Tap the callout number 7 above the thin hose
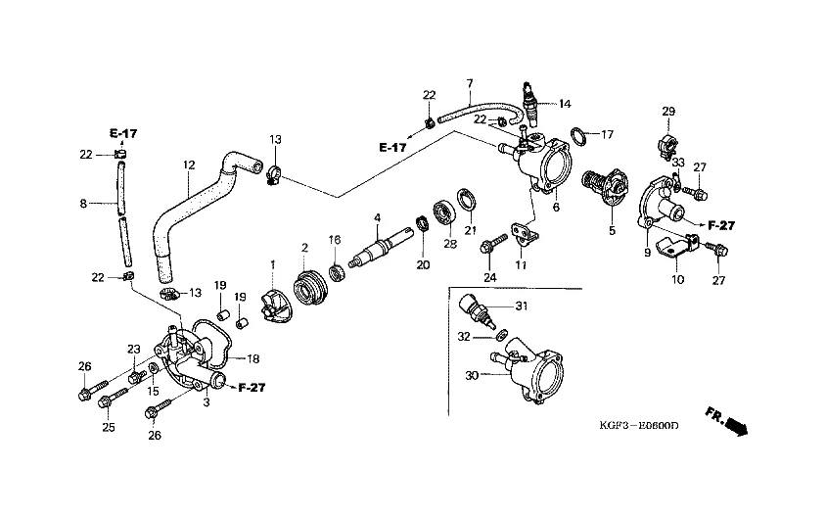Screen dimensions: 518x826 (x=469, y=83)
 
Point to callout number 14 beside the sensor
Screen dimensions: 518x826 (x=564, y=103)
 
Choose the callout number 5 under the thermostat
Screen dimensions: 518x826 (x=613, y=232)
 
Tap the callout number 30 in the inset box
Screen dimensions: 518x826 (x=473, y=375)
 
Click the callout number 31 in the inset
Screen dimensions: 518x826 (x=522, y=306)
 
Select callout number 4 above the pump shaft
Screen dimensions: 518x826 (x=376, y=216)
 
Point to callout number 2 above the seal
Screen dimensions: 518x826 (x=304, y=247)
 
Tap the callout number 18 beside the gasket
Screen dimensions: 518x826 (x=252, y=358)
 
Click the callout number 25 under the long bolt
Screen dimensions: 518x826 (x=108, y=428)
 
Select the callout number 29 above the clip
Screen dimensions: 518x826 (x=668, y=112)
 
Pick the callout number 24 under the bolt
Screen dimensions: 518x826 (x=489, y=278)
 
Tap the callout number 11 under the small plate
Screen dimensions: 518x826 (x=521, y=265)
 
